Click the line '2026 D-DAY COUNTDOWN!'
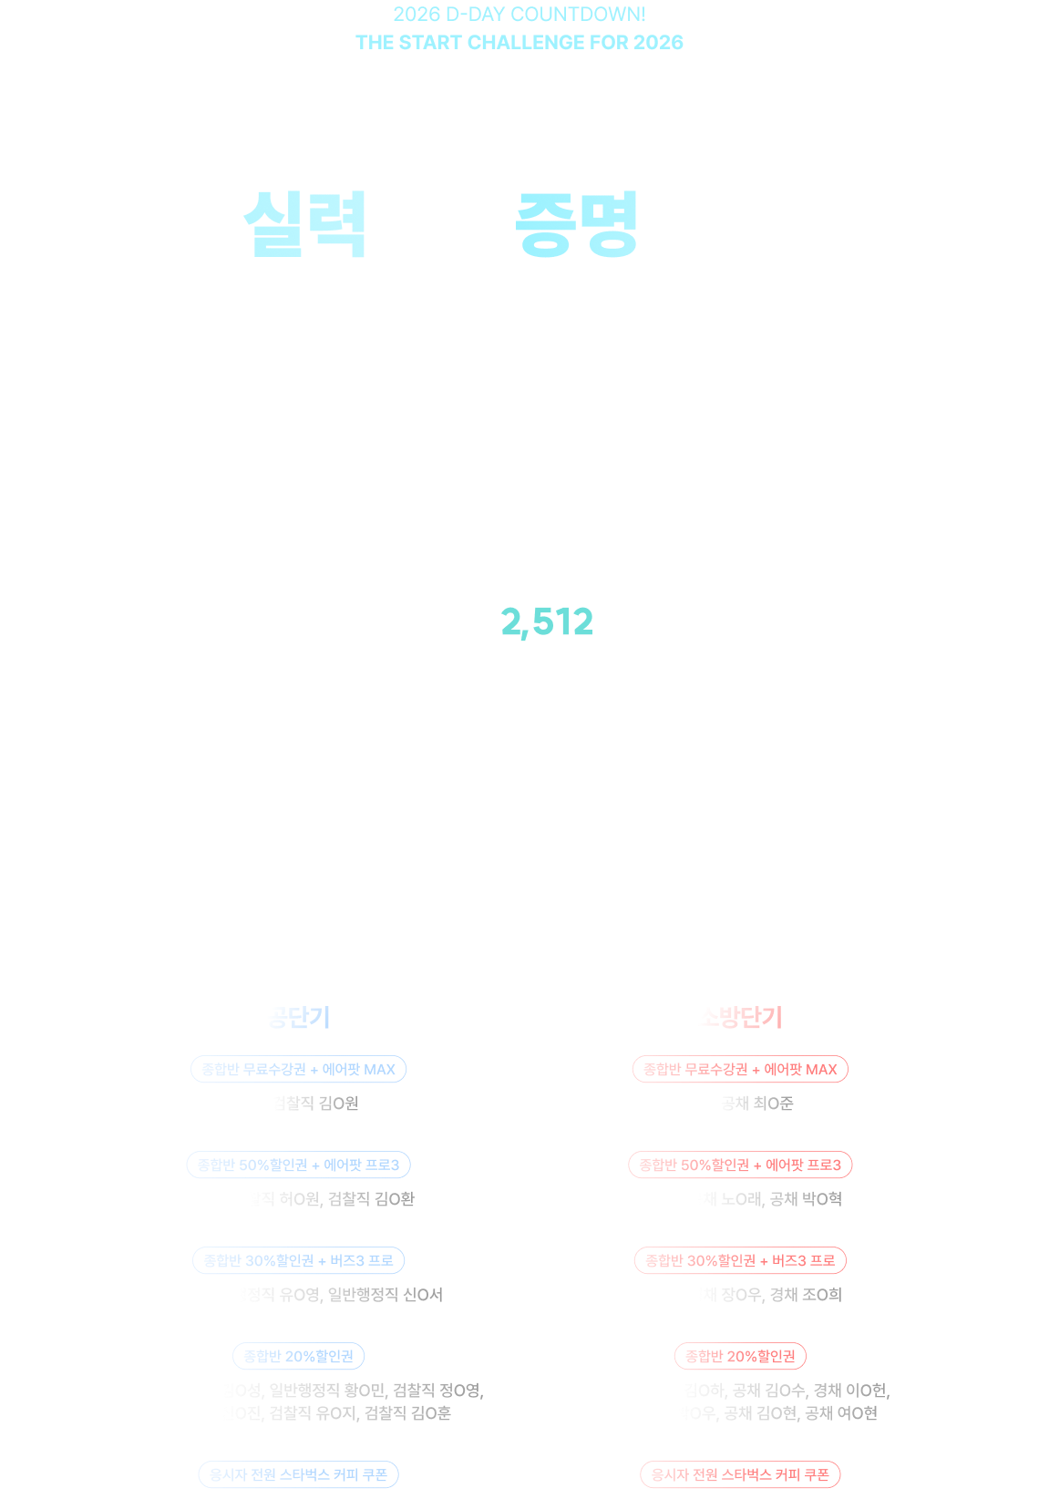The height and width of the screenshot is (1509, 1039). (x=519, y=15)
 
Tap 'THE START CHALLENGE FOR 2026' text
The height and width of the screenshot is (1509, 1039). (x=519, y=42)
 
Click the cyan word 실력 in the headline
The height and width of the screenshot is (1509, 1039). (x=305, y=223)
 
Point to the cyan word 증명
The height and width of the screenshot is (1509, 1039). (x=577, y=223)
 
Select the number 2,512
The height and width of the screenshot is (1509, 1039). (x=547, y=622)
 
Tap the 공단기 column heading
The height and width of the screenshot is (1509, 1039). (x=298, y=1017)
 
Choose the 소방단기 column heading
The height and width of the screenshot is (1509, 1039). (x=740, y=1017)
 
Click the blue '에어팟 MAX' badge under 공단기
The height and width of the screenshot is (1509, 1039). (x=298, y=1069)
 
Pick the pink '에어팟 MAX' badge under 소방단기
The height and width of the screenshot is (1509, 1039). (x=740, y=1069)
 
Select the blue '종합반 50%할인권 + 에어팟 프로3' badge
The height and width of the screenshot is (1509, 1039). (x=298, y=1165)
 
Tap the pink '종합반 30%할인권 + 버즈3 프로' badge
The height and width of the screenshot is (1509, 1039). (x=740, y=1260)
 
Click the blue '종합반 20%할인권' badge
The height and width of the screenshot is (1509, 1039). (x=298, y=1356)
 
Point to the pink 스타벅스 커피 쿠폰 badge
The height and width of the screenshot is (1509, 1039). (x=740, y=1474)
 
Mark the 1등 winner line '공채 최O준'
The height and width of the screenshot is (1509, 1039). (x=740, y=1104)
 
